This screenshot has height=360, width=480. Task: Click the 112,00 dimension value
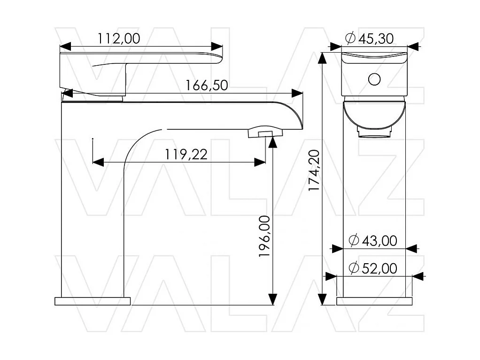(x=119, y=39)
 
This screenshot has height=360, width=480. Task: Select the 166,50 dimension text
(x=207, y=85)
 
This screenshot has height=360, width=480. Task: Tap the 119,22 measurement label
(x=186, y=155)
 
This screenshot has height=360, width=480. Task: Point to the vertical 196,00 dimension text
(x=264, y=236)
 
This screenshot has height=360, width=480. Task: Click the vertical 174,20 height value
(x=314, y=170)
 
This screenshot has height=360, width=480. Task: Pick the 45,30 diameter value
(x=376, y=39)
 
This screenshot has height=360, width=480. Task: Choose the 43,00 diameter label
(x=379, y=241)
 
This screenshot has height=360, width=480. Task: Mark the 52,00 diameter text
(x=379, y=268)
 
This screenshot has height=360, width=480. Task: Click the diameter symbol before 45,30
(x=350, y=38)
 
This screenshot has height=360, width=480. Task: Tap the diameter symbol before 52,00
(x=354, y=268)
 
